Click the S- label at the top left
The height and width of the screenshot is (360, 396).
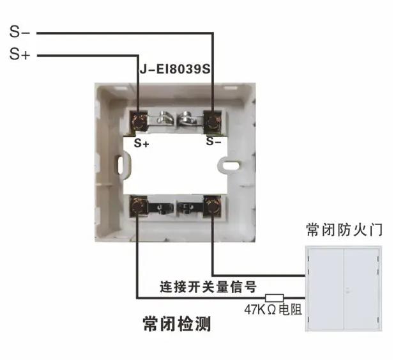click(x=19, y=32)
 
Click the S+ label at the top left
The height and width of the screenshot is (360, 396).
click(x=20, y=54)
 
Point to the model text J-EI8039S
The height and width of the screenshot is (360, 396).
click(x=175, y=69)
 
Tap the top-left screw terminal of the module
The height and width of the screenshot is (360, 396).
click(x=139, y=122)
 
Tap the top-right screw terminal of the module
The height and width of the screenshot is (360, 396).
click(x=213, y=122)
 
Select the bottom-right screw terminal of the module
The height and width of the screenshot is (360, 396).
click(x=213, y=206)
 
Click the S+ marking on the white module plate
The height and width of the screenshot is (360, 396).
click(x=141, y=143)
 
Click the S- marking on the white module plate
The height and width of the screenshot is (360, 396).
click(x=213, y=141)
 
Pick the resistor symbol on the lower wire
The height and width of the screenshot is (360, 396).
click(x=274, y=298)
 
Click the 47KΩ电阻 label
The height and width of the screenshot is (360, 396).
click(x=273, y=309)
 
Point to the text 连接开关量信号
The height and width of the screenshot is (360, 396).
click(x=208, y=286)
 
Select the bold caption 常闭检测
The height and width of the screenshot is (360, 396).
click(x=176, y=324)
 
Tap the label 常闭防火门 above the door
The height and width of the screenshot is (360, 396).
click(x=344, y=230)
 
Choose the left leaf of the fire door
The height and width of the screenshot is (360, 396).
click(x=326, y=288)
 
